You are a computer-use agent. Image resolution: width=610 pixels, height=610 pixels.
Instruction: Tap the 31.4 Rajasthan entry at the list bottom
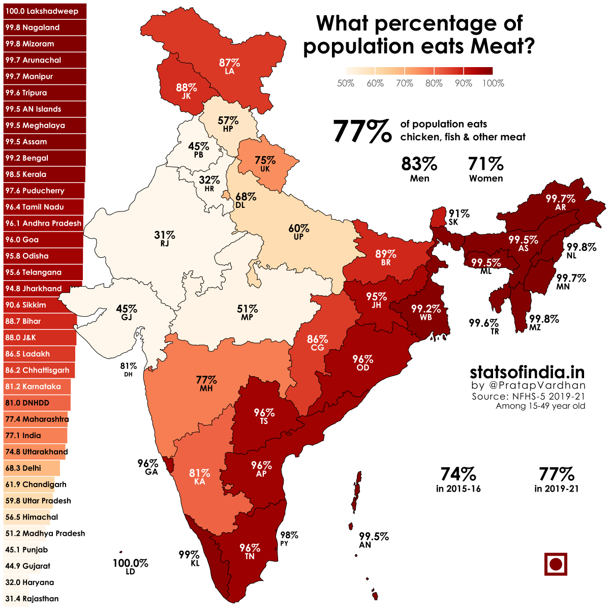tap(32, 599)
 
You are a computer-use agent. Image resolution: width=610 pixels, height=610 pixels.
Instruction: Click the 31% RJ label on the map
tap(165, 238)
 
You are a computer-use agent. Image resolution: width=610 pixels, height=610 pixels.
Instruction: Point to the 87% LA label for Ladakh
tap(229, 67)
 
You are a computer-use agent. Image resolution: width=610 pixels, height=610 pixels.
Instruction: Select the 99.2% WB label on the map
tap(425, 313)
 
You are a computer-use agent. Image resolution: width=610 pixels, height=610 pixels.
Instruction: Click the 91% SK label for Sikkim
tap(458, 218)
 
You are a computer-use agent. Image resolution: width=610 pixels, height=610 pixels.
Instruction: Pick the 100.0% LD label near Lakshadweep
tap(130, 567)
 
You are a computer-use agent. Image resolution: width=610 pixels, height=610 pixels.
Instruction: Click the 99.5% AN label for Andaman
tap(373, 540)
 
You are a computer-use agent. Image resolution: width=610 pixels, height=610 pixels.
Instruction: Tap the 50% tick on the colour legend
tap(346, 83)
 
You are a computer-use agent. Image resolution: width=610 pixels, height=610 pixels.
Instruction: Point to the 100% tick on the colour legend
tap(493, 83)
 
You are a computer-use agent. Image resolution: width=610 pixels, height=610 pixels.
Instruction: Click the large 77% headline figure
tap(362, 131)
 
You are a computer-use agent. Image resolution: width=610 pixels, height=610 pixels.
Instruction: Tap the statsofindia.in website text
tap(527, 372)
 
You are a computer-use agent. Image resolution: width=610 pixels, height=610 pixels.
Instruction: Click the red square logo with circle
tap(555, 564)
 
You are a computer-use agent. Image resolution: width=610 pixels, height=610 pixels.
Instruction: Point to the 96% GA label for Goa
tap(148, 467)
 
